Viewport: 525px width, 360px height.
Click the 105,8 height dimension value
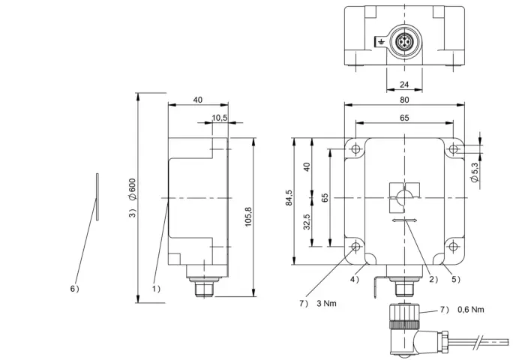coord(248,217)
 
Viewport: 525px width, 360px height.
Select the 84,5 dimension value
coord(289,197)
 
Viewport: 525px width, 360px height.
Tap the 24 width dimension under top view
coord(404,85)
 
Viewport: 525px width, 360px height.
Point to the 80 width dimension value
coord(404,100)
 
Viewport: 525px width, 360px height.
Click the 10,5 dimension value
coord(220,118)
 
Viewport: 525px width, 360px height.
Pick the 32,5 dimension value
coord(307,222)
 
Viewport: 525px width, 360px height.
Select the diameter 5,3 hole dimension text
coord(475,172)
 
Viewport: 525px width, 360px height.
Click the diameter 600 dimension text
coord(133,190)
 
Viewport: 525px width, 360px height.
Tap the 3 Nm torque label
coord(326,304)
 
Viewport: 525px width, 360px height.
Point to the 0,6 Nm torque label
coord(471,310)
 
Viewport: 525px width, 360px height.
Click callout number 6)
coord(75,289)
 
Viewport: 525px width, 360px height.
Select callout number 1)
coord(156,289)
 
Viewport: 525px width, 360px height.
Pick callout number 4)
coord(355,279)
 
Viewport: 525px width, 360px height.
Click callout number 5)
coord(456,279)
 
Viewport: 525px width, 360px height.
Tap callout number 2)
coord(433,279)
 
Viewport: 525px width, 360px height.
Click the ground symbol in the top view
coord(381,42)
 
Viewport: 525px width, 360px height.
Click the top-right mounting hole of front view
coord(453,148)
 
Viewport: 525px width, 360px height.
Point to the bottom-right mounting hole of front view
coord(453,247)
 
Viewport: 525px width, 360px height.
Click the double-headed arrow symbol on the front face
coord(404,220)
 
